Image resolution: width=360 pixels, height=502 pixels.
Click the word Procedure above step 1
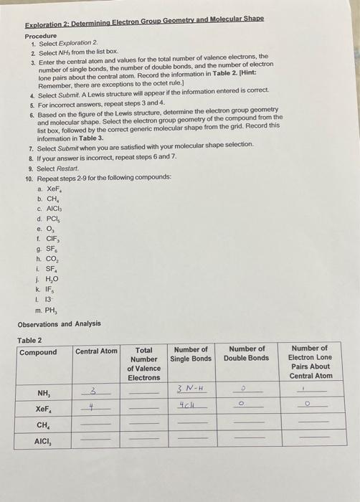(40, 36)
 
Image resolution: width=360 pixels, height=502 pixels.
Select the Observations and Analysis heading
(59, 323)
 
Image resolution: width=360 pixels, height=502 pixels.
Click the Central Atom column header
(96, 351)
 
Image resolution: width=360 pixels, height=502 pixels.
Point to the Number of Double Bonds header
(246, 354)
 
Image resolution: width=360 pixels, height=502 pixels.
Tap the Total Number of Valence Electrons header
(144, 364)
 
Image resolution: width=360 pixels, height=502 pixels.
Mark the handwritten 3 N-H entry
(191, 389)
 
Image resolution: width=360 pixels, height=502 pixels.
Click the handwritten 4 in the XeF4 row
(90, 406)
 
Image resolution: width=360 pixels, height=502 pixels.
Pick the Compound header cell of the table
(38, 352)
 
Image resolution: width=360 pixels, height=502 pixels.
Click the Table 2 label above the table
(29, 340)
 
